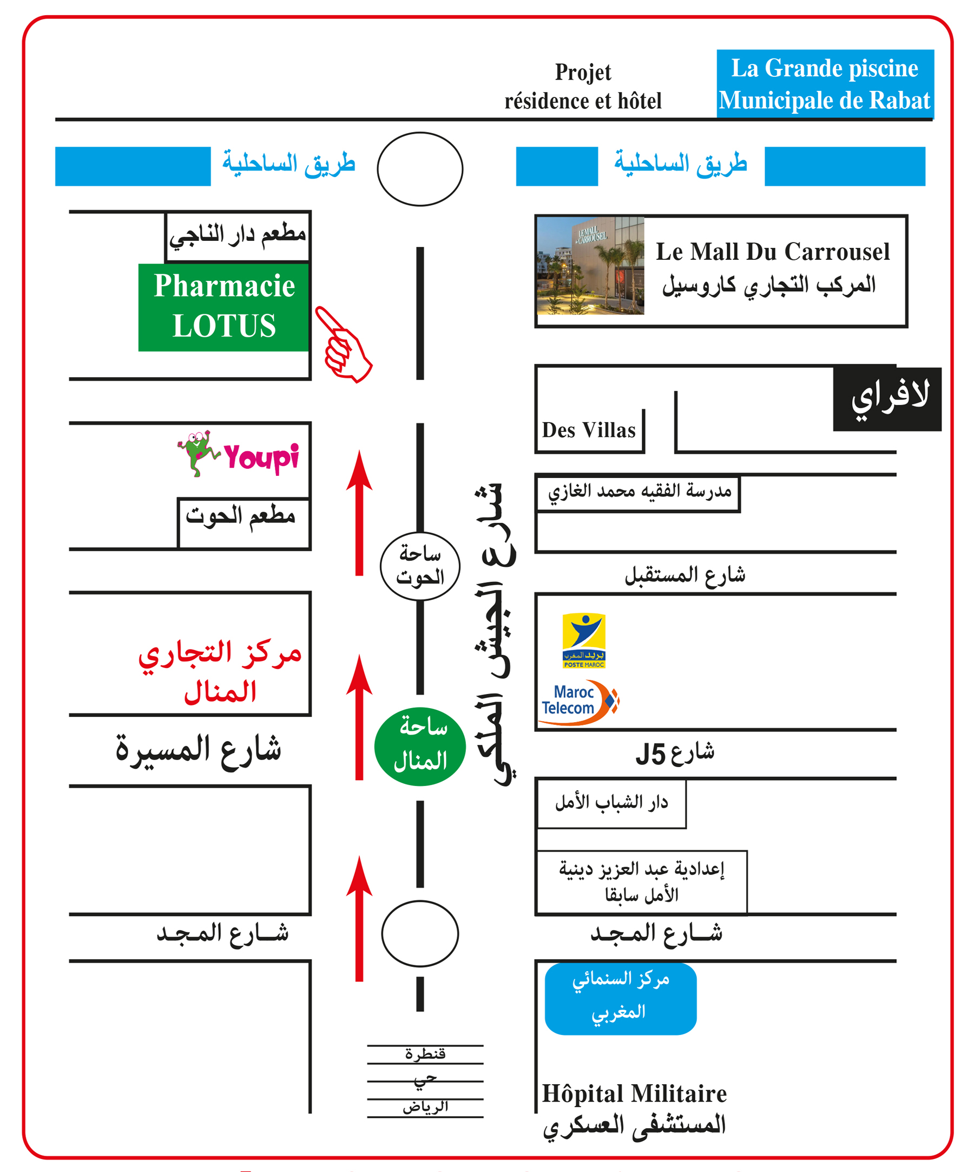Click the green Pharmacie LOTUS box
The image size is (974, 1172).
[223, 307]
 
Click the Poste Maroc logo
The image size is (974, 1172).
[583, 640]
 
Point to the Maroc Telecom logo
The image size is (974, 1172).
[579, 702]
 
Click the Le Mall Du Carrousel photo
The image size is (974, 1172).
[590, 266]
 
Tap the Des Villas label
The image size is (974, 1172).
[589, 430]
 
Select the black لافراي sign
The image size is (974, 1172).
[887, 399]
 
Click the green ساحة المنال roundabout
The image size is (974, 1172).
[420, 746]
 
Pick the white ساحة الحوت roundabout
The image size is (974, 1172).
[420, 566]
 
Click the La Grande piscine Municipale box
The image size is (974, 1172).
[825, 84]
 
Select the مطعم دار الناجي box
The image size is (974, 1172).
[238, 236]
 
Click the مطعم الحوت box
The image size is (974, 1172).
[243, 523]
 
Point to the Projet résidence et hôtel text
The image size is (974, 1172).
[583, 87]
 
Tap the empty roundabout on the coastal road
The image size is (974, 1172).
[420, 168]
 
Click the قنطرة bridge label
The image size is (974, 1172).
[425, 1053]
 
